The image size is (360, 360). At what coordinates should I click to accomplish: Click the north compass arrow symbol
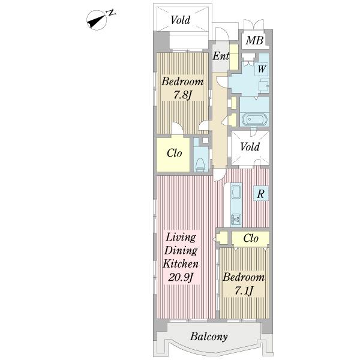97,20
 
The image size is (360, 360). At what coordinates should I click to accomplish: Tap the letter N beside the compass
112,13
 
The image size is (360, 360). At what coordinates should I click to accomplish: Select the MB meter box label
254,41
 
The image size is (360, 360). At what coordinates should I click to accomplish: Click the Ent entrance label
221,56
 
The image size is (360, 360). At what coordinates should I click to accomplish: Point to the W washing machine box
262,69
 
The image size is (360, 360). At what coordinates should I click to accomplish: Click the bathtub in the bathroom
254,119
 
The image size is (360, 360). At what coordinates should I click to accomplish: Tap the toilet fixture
200,166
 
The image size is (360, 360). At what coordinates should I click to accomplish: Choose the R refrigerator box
260,194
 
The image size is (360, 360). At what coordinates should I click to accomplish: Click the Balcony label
209,337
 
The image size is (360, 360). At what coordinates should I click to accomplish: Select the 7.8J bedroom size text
182,95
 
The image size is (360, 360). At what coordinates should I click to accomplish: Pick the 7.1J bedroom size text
244,291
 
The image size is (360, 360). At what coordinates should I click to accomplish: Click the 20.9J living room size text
180,277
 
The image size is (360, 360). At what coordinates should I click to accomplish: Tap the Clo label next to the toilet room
175,153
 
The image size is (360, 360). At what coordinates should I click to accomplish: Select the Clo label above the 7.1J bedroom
251,238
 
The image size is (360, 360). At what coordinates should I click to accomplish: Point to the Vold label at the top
181,20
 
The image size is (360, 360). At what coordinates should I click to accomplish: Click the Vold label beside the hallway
250,146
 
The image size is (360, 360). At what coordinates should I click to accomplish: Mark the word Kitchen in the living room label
181,263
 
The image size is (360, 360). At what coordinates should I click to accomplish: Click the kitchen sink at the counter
236,219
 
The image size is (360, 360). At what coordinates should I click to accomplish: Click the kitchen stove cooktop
236,192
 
